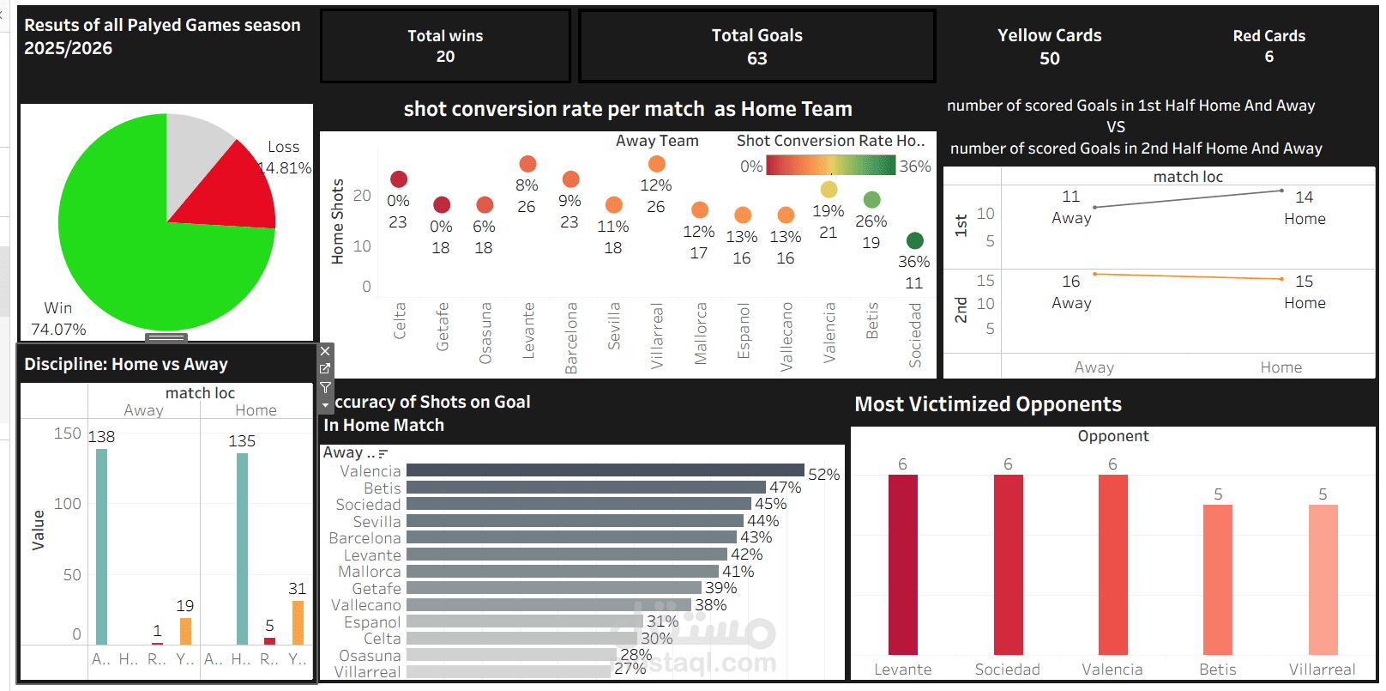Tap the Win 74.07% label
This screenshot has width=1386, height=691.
click(x=58, y=318)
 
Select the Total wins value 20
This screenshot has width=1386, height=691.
click(x=445, y=57)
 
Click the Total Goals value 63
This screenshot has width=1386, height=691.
click(x=756, y=58)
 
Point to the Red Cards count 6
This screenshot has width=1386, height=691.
click(x=1268, y=57)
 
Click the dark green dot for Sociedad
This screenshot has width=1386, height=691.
click(x=914, y=240)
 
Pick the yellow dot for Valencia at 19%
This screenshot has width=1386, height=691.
click(x=829, y=189)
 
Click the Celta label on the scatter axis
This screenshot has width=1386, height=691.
click(x=400, y=320)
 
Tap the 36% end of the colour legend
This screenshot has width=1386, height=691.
click(x=914, y=167)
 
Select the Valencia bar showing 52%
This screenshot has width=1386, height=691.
click(x=605, y=470)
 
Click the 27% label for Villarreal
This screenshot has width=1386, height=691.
click(x=630, y=669)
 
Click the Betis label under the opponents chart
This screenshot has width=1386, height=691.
click(x=1217, y=670)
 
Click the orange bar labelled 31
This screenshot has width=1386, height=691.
click(x=298, y=622)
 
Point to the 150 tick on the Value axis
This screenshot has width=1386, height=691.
click(x=67, y=433)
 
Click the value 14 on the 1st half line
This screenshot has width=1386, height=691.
click(x=1304, y=197)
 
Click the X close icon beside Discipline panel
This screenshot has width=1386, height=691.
click(x=325, y=351)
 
